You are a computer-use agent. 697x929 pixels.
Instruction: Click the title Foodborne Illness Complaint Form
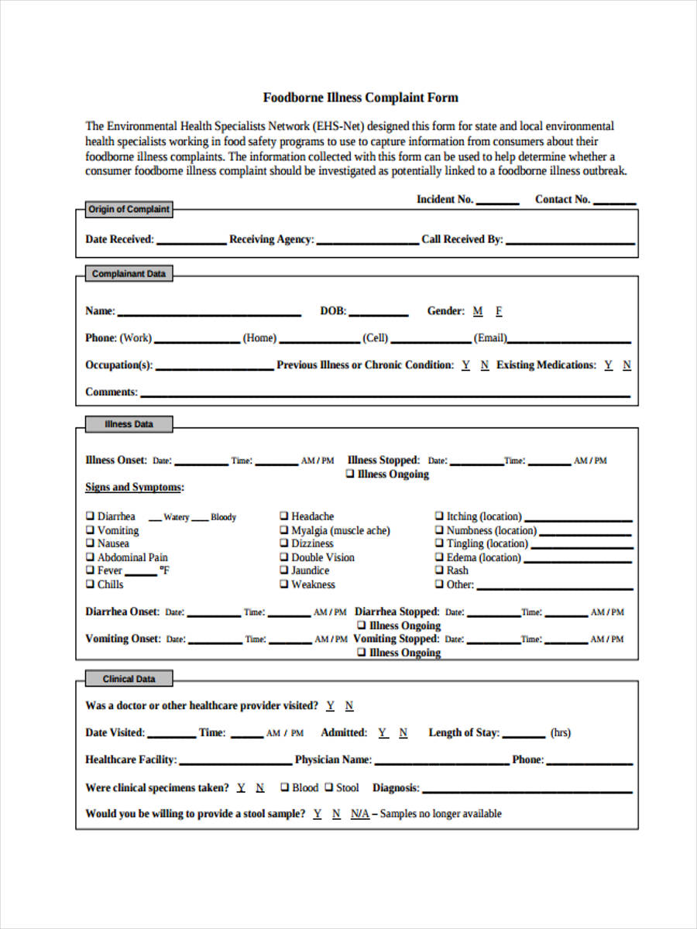coord(360,98)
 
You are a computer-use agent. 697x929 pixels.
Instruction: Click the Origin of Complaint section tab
coord(129,209)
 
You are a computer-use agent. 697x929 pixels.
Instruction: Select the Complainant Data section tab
coord(129,274)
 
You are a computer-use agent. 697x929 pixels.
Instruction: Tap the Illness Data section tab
coord(129,424)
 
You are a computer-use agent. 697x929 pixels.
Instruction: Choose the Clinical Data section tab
coord(129,679)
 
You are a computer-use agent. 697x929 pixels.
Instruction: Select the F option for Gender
coord(499,311)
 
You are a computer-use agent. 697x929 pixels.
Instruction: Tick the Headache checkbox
coord(284,516)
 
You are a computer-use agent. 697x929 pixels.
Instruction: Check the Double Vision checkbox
coord(284,557)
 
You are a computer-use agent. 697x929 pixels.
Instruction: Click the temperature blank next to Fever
coord(141,573)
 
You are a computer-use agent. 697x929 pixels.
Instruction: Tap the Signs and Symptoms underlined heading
coord(134,487)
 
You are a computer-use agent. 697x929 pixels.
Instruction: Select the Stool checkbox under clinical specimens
coord(329,787)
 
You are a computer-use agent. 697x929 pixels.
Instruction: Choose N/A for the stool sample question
coord(360,814)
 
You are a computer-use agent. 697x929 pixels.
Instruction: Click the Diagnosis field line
coord(527,790)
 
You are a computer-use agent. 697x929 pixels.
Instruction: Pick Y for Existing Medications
coord(609,365)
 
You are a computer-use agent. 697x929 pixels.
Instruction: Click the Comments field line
coord(384,394)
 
